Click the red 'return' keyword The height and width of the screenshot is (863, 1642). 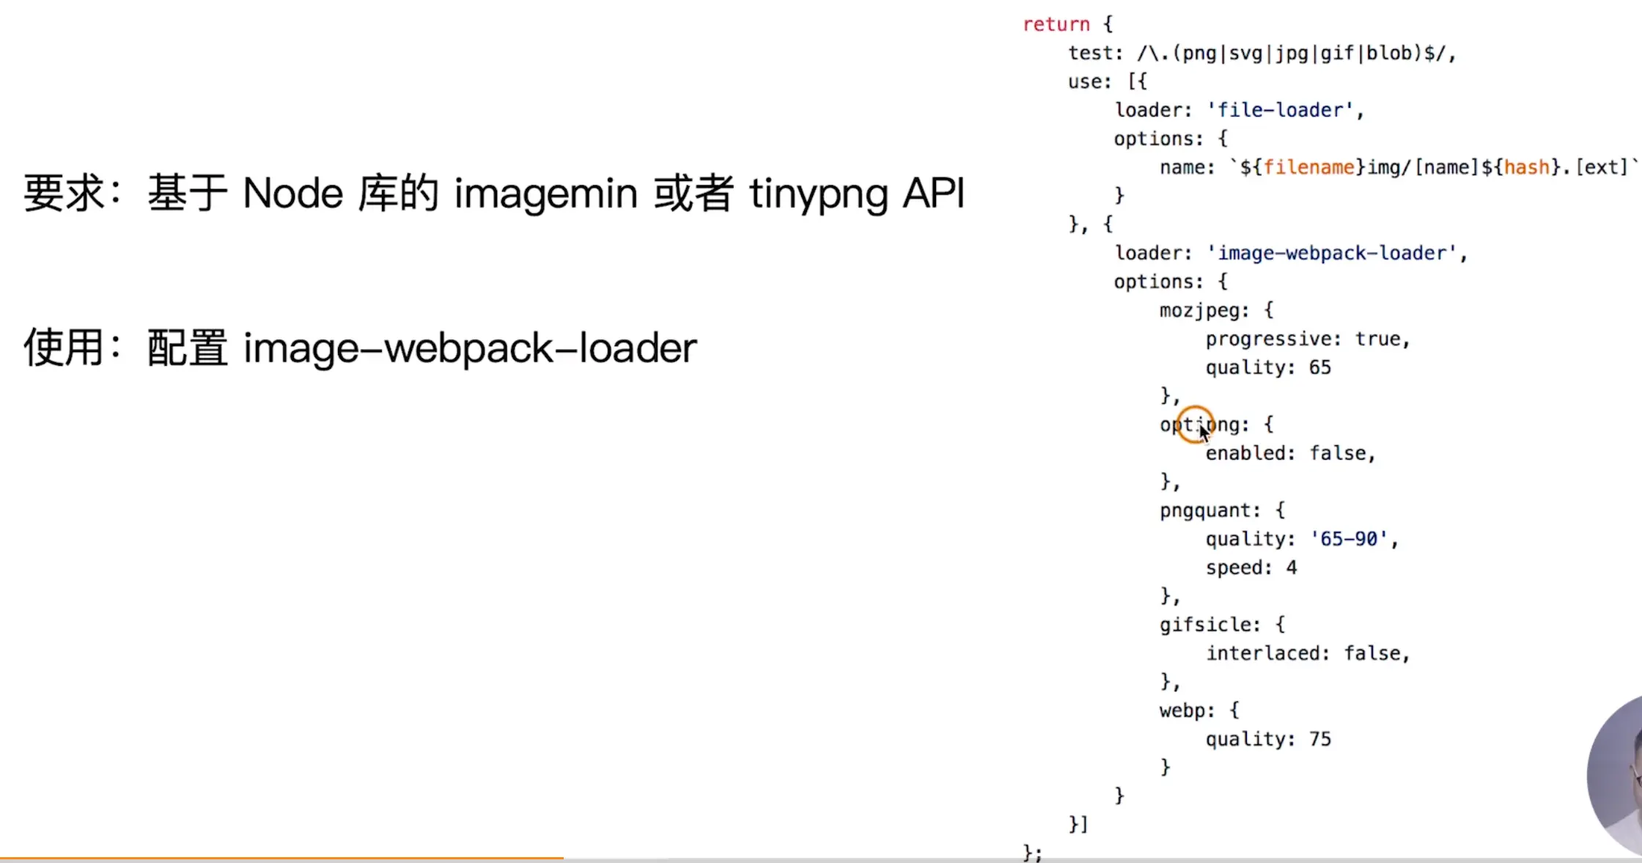1056,24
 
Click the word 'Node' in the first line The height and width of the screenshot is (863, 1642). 292,194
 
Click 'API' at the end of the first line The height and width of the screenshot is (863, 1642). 933,194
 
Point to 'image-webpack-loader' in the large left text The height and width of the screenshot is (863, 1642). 470,348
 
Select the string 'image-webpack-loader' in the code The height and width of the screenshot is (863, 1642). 1332,253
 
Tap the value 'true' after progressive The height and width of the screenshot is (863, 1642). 1377,339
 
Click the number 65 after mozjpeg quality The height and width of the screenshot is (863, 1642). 1319,367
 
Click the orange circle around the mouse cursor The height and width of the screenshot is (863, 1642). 1195,424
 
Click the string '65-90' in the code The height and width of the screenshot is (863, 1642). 1349,539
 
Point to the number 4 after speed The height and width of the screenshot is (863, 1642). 1291,568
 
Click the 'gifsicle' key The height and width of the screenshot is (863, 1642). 1206,625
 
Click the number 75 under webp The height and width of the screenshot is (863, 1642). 1319,739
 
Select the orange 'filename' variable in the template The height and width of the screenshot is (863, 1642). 1308,167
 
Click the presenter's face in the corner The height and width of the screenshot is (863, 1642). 1624,777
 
